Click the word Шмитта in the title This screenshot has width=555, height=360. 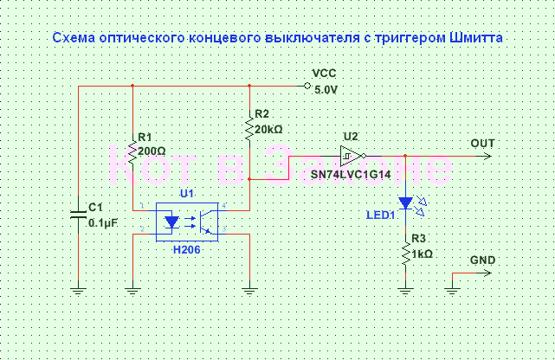point(472,39)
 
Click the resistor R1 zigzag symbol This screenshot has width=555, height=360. point(132,154)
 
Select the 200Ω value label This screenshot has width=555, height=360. point(152,151)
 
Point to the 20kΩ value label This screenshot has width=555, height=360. point(268,129)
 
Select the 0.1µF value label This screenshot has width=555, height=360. point(104,222)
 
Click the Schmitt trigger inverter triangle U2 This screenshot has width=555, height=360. point(351,157)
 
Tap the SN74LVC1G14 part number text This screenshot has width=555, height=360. point(351,174)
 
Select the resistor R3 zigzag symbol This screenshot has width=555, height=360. point(404,253)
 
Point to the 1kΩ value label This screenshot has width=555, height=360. point(422,254)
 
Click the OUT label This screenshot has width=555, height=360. point(483,143)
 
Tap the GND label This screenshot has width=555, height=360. point(482,260)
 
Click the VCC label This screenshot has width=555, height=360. point(325,74)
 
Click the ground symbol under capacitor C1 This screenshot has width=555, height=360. point(78,291)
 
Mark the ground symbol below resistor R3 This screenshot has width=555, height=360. point(404,291)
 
